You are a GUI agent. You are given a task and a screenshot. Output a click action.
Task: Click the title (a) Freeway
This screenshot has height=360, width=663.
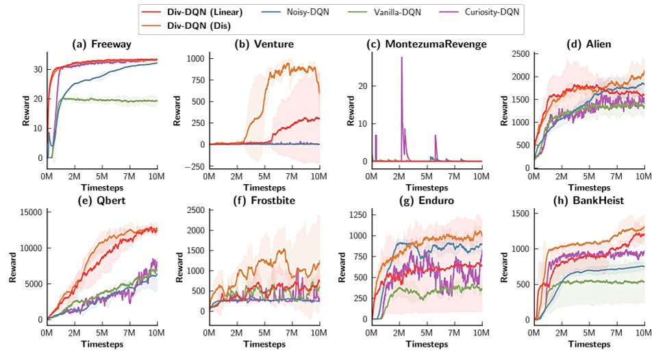[x=102, y=44]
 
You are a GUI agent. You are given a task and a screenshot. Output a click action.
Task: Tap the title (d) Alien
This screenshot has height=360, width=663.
[x=588, y=44]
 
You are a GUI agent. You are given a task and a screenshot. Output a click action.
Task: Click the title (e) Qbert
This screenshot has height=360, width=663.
[x=102, y=202]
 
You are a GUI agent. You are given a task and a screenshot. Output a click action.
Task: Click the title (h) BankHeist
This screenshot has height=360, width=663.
[x=588, y=202]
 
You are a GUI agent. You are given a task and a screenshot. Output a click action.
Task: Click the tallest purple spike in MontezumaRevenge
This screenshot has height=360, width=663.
[x=401, y=57]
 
